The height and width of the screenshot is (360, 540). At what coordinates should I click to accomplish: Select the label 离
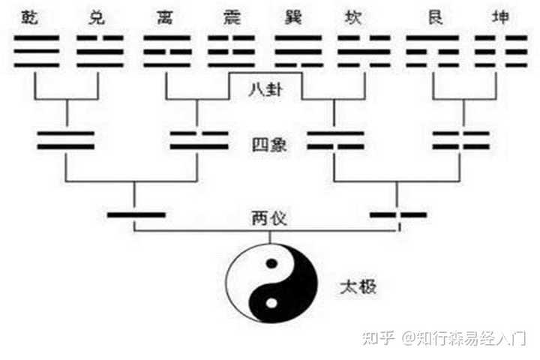(x=165, y=16)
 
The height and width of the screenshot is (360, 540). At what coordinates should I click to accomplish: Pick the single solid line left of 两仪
(x=136, y=215)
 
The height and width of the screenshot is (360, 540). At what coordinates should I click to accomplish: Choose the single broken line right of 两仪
(x=398, y=215)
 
